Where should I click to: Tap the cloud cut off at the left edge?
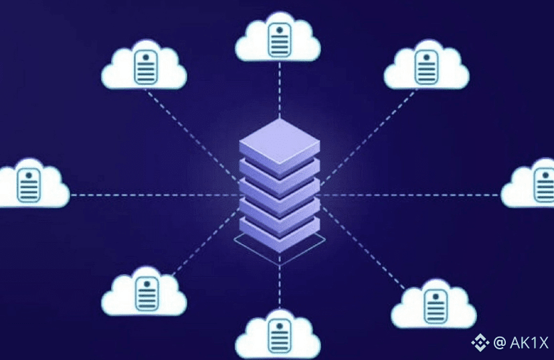(30, 185)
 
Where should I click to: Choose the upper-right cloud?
(426, 67)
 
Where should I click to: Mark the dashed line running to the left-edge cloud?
(154, 195)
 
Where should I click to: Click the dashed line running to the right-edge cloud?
(408, 195)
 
